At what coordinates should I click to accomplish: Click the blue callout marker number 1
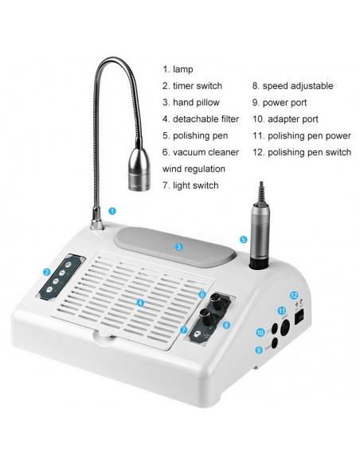pyautogui.click(x=112, y=211)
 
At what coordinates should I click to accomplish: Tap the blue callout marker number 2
pyautogui.click(x=46, y=272)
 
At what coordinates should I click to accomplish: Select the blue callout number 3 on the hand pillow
pyautogui.click(x=178, y=247)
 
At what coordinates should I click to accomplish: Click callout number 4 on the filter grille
pyautogui.click(x=140, y=303)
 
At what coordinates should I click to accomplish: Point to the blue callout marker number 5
pyautogui.click(x=244, y=240)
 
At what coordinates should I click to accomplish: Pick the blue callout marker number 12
pyautogui.click(x=294, y=295)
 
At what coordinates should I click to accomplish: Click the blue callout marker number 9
pyautogui.click(x=259, y=350)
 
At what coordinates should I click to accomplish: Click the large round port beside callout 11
pyautogui.click(x=285, y=328)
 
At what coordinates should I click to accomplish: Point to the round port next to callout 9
pyautogui.click(x=274, y=343)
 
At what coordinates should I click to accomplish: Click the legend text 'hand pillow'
pyautogui.click(x=196, y=103)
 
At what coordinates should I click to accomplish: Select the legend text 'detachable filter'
pyautogui.click(x=205, y=119)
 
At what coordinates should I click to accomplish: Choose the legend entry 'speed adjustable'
pyautogui.click(x=298, y=86)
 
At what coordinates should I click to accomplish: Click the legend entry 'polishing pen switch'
pyautogui.click(x=309, y=152)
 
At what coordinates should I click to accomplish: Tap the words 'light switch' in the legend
pyautogui.click(x=196, y=186)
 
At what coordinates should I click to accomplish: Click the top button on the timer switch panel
pyautogui.click(x=68, y=264)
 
